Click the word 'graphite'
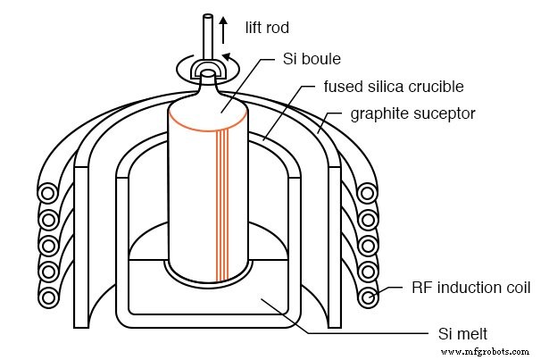click(x=374, y=113)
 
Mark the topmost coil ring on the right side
click(x=366, y=192)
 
